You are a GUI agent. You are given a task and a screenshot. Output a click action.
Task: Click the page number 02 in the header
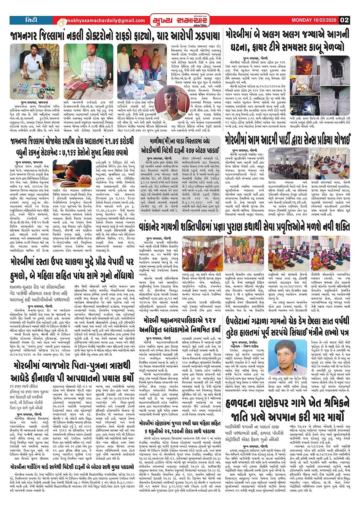coord(344,20)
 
